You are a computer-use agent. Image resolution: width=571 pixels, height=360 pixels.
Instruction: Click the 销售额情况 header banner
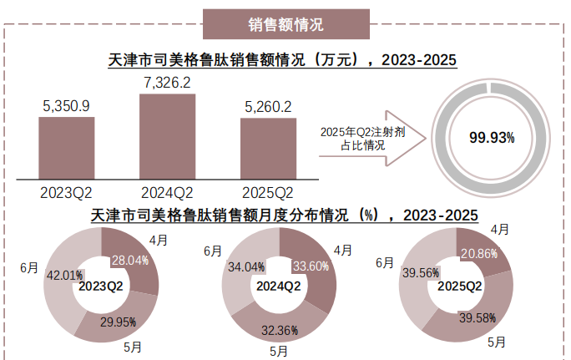(x=286, y=24)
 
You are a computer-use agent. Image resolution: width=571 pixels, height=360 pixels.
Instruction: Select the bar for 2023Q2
(x=67, y=149)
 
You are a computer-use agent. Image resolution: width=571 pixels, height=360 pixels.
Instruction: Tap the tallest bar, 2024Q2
(x=168, y=137)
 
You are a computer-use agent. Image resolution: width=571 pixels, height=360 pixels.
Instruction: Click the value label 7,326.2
(x=168, y=83)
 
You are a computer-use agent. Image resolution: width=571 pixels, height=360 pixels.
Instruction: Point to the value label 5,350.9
(x=67, y=106)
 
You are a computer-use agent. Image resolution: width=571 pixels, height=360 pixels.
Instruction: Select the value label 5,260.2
(x=268, y=107)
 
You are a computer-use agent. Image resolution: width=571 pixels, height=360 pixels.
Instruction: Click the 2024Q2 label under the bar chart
(x=168, y=193)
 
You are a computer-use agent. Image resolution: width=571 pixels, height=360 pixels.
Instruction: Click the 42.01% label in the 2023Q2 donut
(x=64, y=275)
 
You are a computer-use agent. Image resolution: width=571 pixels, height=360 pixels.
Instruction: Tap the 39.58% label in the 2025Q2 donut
(x=478, y=317)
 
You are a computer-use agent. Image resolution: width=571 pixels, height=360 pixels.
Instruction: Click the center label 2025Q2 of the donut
(x=456, y=286)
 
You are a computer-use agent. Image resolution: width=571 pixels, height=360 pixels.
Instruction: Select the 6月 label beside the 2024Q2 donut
(x=213, y=251)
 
